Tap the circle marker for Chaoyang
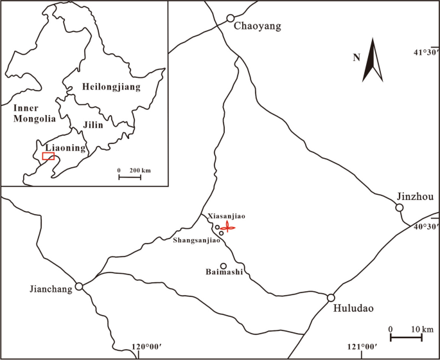pyautogui.click(x=230, y=19)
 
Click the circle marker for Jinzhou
pyautogui.click(x=399, y=208)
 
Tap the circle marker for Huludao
pyautogui.click(x=331, y=298)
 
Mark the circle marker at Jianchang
pyautogui.click(x=78, y=287)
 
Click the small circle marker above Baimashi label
pyautogui.click(x=224, y=266)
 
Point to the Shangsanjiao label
pyautogui.click(x=197, y=240)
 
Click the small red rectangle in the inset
pyautogui.click(x=48, y=156)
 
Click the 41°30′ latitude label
pyautogui.click(x=426, y=52)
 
